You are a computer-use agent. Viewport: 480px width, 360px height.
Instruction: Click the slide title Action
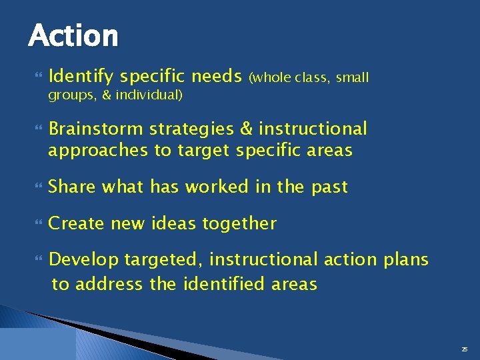73,35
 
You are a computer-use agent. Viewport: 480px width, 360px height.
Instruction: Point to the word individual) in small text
149,95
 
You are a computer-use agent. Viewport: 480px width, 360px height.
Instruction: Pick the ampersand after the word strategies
245,128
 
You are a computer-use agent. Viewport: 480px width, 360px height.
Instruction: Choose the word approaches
98,151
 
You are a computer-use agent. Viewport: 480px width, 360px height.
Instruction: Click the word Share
73,187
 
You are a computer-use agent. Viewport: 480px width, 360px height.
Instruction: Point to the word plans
406,259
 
